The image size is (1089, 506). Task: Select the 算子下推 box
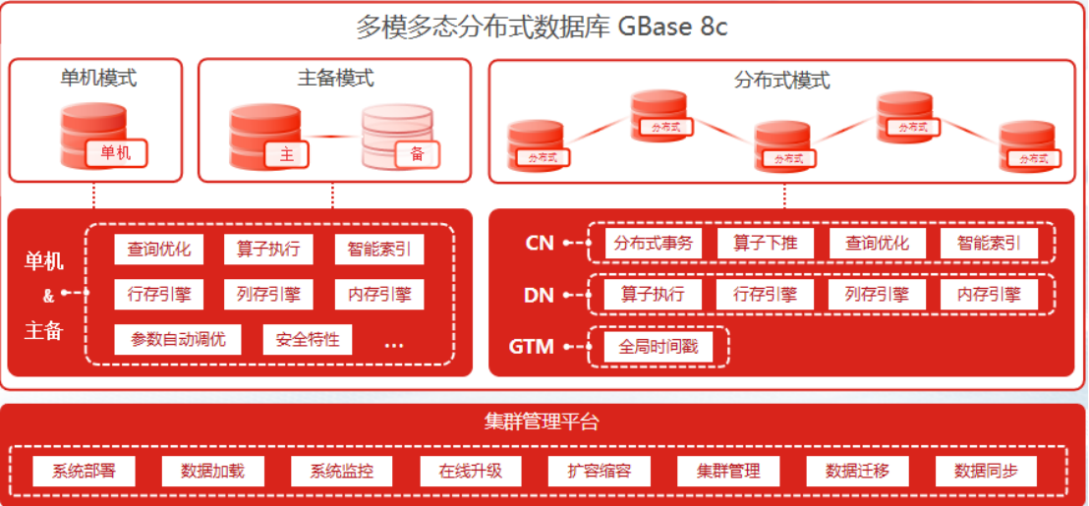(x=765, y=244)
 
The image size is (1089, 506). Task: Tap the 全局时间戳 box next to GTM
(x=656, y=346)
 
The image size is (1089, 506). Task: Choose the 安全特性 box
(x=308, y=340)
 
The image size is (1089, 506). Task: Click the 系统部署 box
(x=84, y=471)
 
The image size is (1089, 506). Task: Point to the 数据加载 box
(x=212, y=471)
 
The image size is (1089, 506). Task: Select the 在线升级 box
(x=470, y=471)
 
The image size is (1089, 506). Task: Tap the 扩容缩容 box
(x=599, y=471)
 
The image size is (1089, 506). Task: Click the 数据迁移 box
(x=857, y=471)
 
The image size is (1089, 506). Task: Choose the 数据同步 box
(x=986, y=471)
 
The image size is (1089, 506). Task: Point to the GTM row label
(x=532, y=347)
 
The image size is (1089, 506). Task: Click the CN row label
(x=540, y=243)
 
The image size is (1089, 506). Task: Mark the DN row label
(x=540, y=294)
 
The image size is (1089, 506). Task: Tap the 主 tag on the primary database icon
(x=287, y=154)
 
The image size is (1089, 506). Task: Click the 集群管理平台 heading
(x=542, y=422)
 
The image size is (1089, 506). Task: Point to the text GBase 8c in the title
(x=672, y=27)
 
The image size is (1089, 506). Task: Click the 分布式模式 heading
(x=782, y=80)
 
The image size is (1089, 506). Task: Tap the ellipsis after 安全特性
(x=394, y=344)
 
